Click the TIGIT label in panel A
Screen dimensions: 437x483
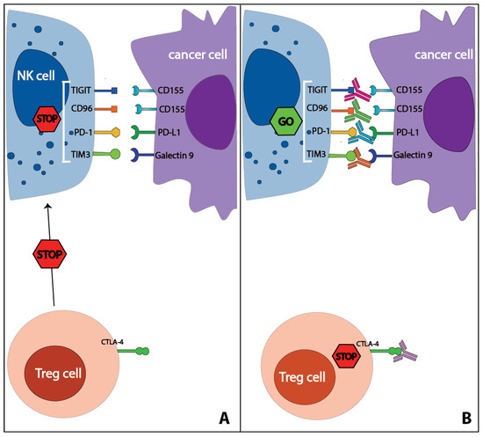point(82,90)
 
